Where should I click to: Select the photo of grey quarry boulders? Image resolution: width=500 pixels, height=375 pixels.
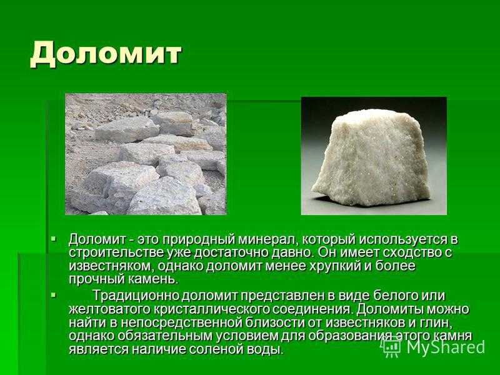coord(146,154)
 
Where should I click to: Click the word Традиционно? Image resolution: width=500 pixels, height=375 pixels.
coord(136,296)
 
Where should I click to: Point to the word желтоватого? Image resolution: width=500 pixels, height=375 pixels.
coord(110,309)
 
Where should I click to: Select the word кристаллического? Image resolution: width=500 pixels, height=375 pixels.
coord(212,310)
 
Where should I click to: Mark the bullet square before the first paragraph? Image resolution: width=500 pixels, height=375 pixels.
coord(53,238)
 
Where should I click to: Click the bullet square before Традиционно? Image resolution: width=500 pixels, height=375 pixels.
coord(53,295)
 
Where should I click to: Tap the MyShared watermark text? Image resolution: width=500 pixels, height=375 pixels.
coord(446,346)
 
